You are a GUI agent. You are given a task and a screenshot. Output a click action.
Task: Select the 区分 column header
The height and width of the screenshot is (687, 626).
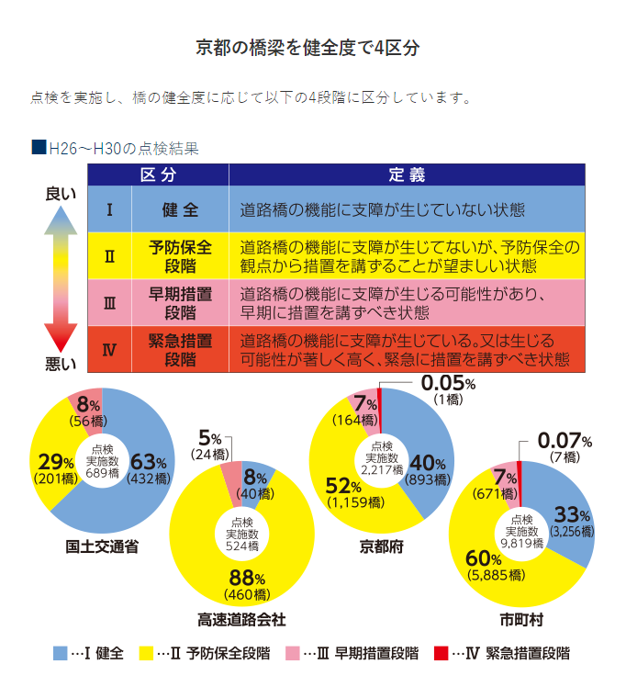pos(157,175)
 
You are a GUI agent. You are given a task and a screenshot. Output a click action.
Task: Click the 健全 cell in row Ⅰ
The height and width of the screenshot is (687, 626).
pos(180,210)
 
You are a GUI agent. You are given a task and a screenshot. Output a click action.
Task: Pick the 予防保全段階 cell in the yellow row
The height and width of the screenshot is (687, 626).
pos(180,256)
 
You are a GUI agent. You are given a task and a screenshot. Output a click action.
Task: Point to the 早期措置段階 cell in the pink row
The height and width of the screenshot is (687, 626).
pos(180,303)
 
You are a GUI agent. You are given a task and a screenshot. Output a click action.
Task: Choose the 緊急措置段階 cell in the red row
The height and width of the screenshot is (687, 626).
pos(180,349)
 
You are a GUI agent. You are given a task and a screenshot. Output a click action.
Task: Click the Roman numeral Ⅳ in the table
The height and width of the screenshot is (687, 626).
pos(109,349)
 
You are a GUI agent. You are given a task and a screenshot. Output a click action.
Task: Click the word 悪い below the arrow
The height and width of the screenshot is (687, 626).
pos(61,364)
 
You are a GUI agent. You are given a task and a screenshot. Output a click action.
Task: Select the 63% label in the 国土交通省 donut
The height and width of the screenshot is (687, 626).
pos(148,462)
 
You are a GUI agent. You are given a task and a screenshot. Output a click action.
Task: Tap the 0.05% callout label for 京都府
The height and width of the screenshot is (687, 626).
pos(448,382)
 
